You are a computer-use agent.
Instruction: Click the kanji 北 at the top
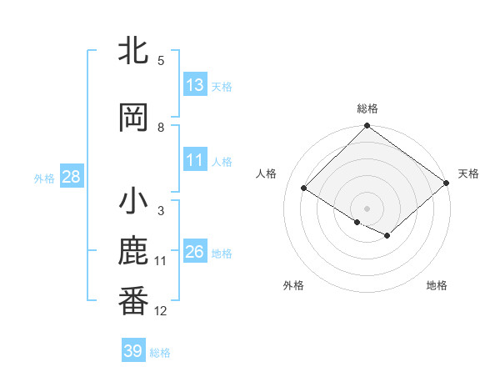[133, 52]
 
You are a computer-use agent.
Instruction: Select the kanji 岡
[133, 118]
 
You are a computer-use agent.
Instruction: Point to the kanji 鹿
[133, 253]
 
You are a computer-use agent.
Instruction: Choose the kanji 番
[133, 301]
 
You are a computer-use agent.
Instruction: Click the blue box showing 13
[195, 85]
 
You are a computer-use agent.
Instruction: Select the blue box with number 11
[195, 160]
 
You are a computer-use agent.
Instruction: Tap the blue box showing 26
[195, 252]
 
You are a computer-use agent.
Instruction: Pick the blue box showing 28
[71, 177]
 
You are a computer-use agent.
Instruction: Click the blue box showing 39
[133, 351]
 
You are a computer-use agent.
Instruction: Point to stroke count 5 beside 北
[161, 61]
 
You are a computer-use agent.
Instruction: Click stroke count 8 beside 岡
[161, 128]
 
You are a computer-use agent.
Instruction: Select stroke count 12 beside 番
[161, 311]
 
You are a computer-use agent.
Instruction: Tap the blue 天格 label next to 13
[222, 86]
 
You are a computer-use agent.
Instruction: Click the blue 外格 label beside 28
[44, 178]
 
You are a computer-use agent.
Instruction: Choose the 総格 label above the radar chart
[367, 108]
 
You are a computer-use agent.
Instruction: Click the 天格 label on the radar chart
[468, 173]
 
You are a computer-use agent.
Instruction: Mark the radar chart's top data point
[367, 126]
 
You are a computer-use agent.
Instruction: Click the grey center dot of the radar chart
[367, 208]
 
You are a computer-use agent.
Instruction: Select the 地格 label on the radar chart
[437, 285]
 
